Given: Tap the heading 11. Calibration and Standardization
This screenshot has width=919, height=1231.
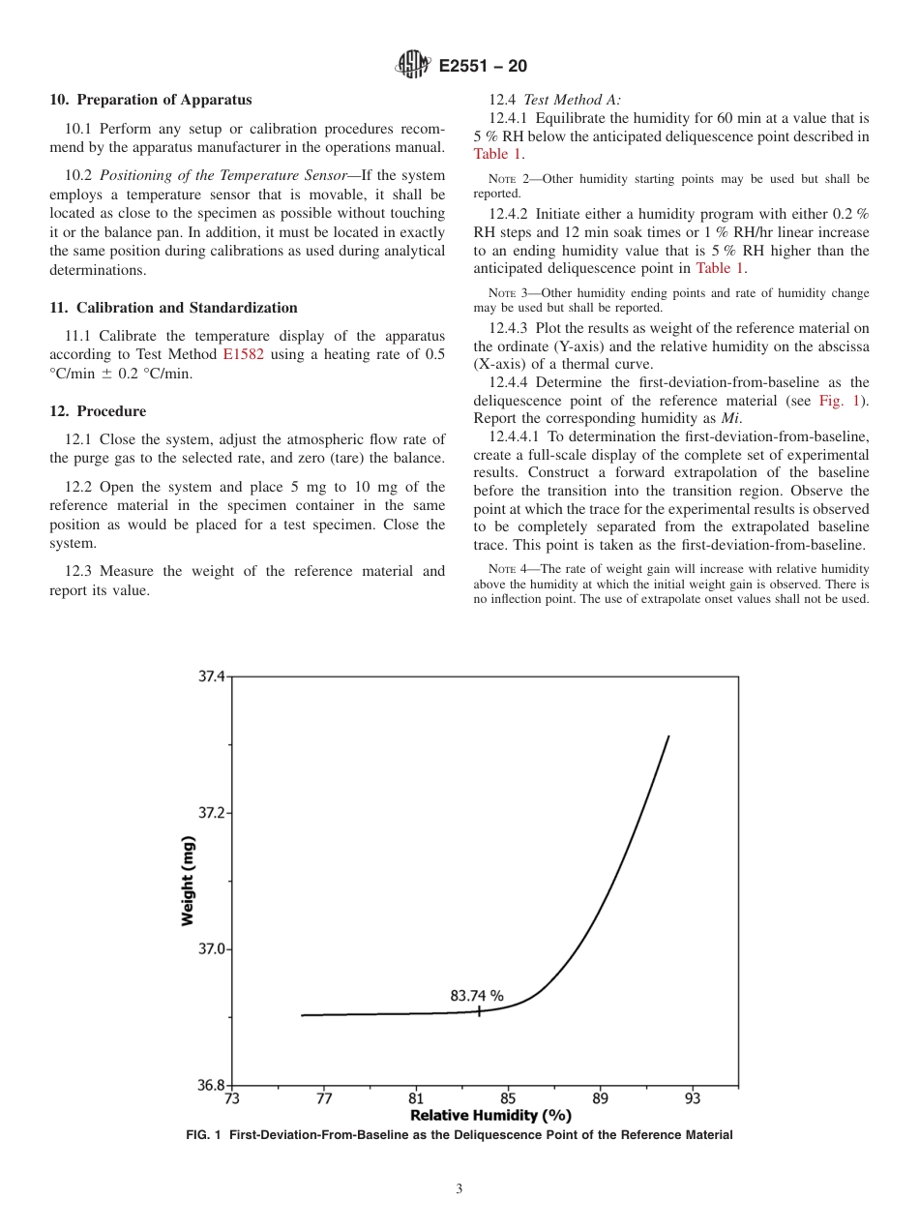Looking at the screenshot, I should pyautogui.click(x=173, y=308).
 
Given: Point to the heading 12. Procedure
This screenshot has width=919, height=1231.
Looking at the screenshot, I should pyautogui.click(x=98, y=411).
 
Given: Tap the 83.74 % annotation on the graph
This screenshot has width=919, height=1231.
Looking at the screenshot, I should pyautogui.click(x=477, y=995).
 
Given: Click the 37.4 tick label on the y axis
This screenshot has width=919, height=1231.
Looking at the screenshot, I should pyautogui.click(x=212, y=676).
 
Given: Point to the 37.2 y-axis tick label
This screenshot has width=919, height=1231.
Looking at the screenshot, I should pyautogui.click(x=212, y=813).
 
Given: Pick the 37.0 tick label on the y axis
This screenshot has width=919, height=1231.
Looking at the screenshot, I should pyautogui.click(x=212, y=949).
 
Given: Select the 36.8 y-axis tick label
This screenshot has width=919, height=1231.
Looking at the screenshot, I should pyautogui.click(x=212, y=1086).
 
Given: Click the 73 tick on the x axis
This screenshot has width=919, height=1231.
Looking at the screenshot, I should pyautogui.click(x=232, y=1098).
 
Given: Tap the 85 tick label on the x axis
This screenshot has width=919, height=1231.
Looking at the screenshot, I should pyautogui.click(x=508, y=1098).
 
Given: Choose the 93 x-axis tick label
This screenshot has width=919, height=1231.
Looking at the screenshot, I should pyautogui.click(x=693, y=1098).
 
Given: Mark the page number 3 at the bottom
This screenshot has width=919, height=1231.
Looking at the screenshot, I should pyautogui.click(x=459, y=1189).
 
